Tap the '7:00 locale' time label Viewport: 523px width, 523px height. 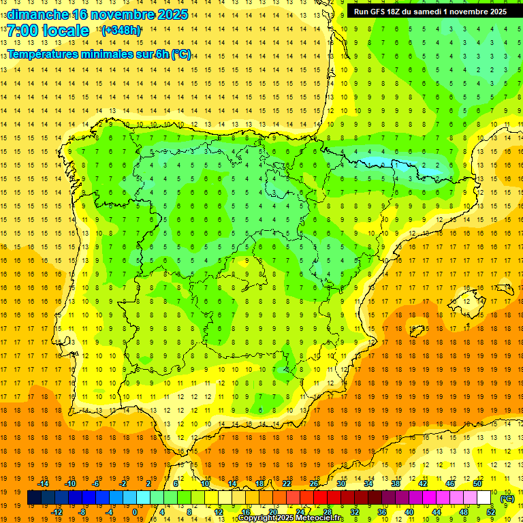48,31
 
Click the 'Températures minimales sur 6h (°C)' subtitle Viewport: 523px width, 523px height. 99,54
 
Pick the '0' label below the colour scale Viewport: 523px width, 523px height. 135,512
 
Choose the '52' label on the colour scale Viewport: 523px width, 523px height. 490,512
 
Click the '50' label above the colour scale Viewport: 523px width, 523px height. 477,484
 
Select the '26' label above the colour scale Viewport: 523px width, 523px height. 314,484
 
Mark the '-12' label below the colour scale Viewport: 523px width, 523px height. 57,512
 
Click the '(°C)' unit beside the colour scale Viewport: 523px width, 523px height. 507,498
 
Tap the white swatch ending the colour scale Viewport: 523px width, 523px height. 484,498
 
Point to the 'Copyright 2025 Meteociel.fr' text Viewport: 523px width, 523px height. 291,518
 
